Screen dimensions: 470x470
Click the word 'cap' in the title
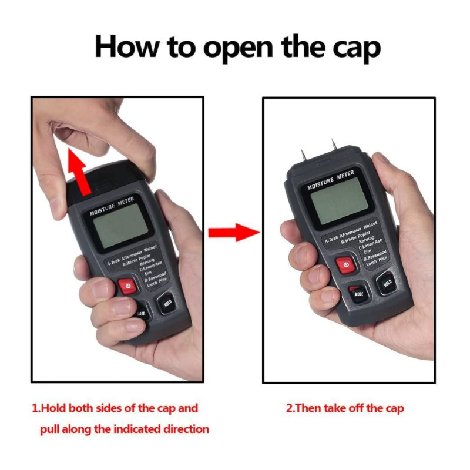tap(350, 47)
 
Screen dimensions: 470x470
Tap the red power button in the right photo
tap(346, 265)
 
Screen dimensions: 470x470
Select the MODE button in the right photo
tap(357, 292)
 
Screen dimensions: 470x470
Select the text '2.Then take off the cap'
tap(345, 408)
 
